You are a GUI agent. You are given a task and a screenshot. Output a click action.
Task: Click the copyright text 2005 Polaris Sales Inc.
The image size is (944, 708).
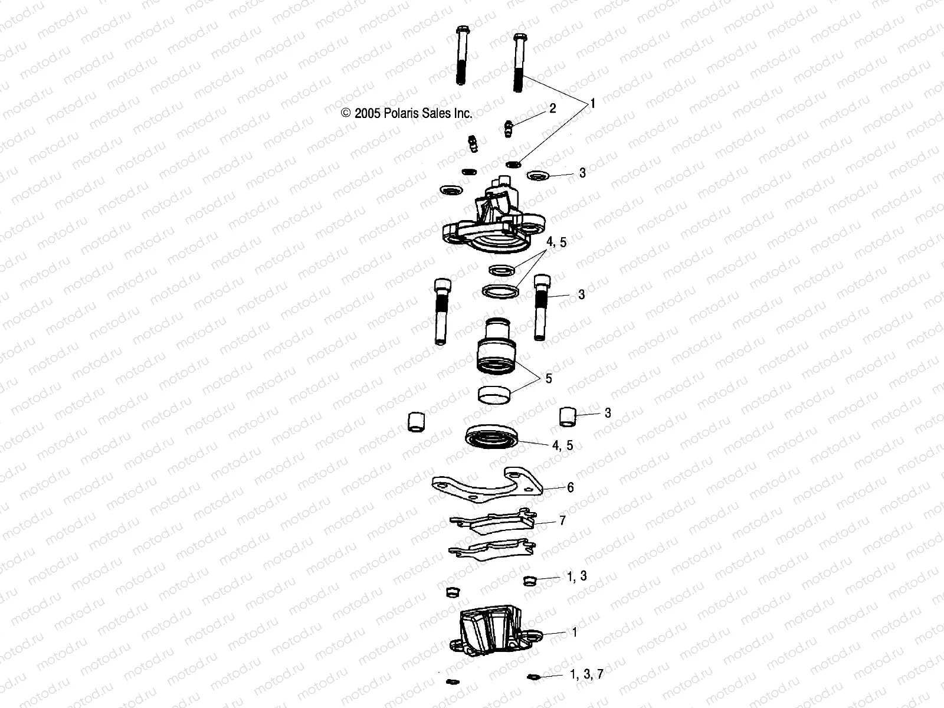coord(407,113)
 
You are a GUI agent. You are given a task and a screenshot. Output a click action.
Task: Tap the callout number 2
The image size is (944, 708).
coord(552,108)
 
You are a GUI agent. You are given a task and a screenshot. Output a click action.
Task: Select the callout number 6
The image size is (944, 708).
coord(570,488)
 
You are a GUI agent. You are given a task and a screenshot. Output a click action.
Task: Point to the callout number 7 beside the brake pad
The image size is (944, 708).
coord(562,521)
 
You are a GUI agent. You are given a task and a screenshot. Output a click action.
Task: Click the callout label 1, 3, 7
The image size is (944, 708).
coord(586,674)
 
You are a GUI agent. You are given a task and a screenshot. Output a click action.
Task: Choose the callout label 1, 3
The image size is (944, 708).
coord(577,576)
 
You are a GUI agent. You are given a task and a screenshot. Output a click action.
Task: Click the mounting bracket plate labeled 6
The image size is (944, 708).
coord(486,487)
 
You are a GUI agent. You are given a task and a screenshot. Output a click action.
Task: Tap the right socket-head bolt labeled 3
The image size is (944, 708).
coord(541,307)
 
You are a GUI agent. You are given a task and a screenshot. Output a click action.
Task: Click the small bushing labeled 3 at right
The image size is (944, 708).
coord(568,415)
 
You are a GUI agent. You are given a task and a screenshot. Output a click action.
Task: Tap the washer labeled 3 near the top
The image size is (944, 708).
coord(537,175)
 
